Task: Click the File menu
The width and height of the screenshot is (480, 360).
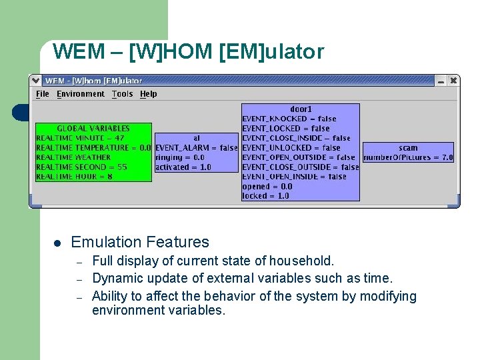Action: coord(43,94)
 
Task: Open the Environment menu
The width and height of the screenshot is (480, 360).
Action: coord(81,94)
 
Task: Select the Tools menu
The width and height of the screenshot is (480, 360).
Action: coord(122,94)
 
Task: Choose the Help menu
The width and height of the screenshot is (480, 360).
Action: coord(149,94)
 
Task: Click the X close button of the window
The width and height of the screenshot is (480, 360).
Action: coord(453,80)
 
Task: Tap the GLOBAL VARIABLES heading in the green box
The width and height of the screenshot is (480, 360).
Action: coord(93,128)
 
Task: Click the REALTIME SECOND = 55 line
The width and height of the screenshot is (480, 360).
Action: coord(81,167)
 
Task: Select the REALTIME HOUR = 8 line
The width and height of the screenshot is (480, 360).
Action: coord(74,177)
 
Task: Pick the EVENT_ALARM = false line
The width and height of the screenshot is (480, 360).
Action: coord(196,148)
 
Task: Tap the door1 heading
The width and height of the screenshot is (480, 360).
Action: coord(301,109)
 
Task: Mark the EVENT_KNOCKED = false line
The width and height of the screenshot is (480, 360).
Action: coord(289,119)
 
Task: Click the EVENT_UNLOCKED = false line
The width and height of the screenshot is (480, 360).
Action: coord(291,148)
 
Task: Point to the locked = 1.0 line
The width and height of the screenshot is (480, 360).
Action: coord(265,196)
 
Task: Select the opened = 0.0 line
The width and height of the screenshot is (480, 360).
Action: coord(267,187)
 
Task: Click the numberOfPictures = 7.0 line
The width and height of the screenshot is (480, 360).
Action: coord(408,158)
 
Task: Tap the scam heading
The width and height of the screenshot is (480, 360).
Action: coord(408,148)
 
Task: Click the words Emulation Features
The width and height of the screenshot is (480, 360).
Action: coord(140,243)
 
